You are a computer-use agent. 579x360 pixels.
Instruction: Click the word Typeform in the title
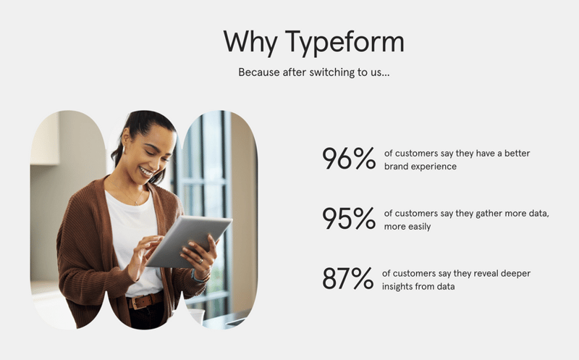345,42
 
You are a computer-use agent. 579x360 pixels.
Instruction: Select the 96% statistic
348,159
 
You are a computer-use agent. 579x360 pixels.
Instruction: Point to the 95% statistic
348,219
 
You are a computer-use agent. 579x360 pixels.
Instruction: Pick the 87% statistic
347,279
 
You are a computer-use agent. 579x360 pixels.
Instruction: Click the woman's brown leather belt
145,301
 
